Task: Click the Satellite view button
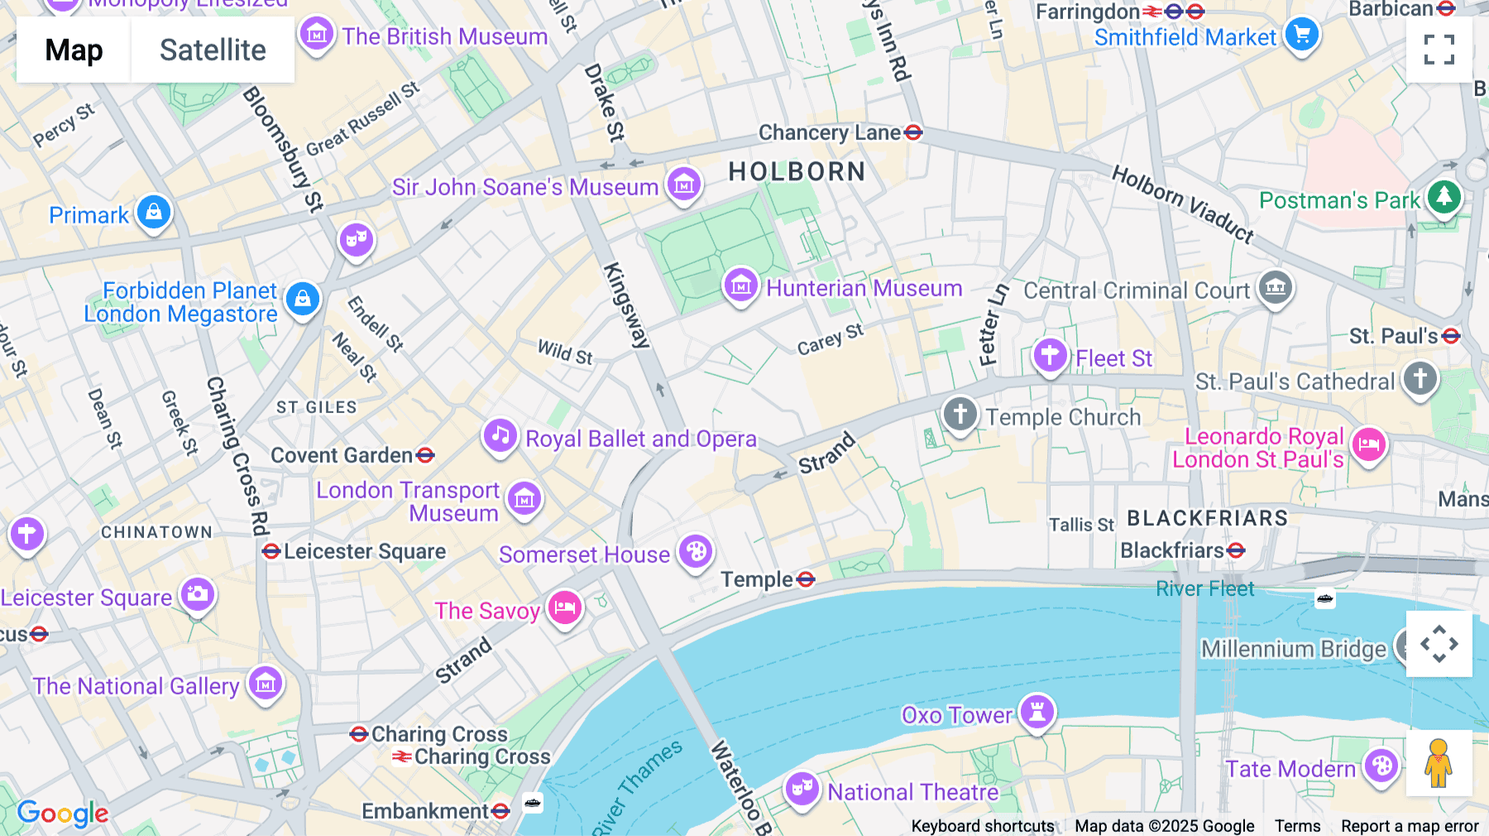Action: pyautogui.click(x=213, y=50)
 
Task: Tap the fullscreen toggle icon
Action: pyautogui.click(x=1439, y=50)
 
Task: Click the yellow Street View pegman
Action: pyautogui.click(x=1439, y=763)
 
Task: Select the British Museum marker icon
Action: pyautogui.click(x=316, y=35)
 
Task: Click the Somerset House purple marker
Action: pyautogui.click(x=697, y=551)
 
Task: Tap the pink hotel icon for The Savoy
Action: pyautogui.click(x=565, y=608)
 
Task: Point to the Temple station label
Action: pyautogui.click(x=756, y=579)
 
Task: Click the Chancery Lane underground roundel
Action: pyautogui.click(x=913, y=132)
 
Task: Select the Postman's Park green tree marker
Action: pyautogui.click(x=1444, y=197)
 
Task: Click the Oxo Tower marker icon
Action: pyautogui.click(x=1037, y=712)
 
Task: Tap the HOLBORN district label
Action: pyautogui.click(x=797, y=171)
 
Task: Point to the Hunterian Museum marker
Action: pyautogui.click(x=740, y=286)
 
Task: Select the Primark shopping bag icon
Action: pyautogui.click(x=154, y=213)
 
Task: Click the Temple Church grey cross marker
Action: pyautogui.click(x=960, y=413)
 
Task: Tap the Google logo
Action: pyautogui.click(x=63, y=814)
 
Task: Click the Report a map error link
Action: pyautogui.click(x=1410, y=826)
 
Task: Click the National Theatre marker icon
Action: pyautogui.click(x=802, y=789)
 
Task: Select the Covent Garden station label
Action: pyautogui.click(x=342, y=455)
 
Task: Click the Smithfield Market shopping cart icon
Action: pyautogui.click(x=1302, y=35)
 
